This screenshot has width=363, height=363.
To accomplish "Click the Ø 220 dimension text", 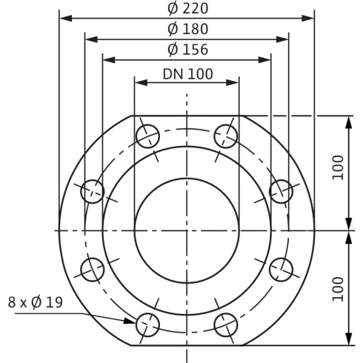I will [187, 9].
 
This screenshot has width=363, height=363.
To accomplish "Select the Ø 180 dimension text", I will [187, 30].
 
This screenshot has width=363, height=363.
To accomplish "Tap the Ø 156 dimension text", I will [187, 50].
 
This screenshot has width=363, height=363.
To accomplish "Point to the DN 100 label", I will [187, 73].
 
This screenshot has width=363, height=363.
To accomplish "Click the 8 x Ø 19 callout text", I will [35, 302].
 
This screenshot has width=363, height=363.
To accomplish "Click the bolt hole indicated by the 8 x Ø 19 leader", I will [148, 323].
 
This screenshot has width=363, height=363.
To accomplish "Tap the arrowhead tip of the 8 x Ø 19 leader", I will [135, 320].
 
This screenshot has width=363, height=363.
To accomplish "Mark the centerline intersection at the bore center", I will [187, 230].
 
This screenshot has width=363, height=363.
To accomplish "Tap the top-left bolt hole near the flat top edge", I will [148, 137].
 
